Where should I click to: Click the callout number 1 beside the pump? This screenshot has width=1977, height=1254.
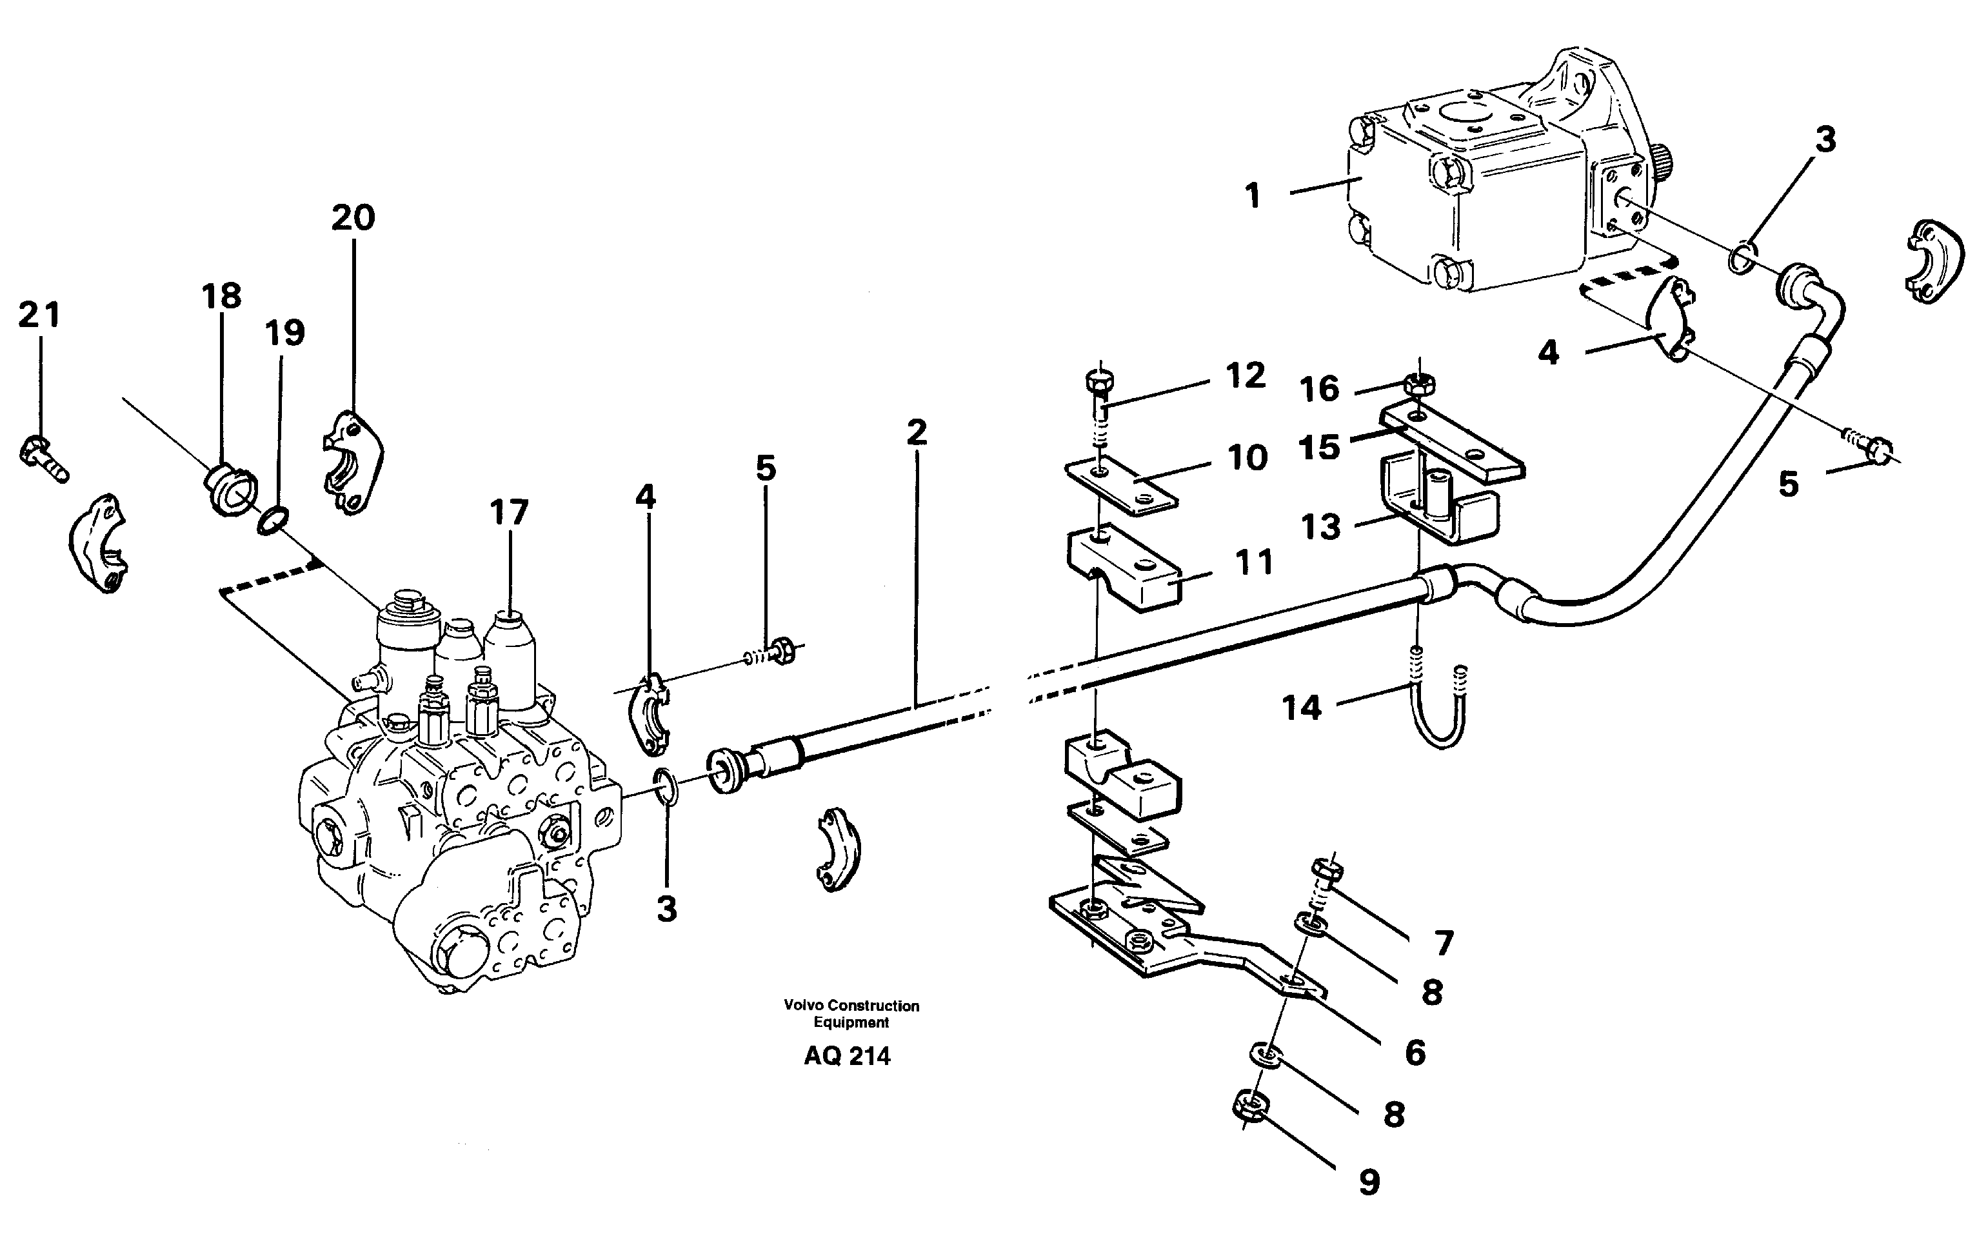[1251, 196]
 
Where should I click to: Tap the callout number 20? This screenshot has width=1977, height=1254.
[353, 217]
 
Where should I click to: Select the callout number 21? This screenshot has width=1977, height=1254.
[39, 315]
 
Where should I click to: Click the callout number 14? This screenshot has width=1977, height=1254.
[1302, 707]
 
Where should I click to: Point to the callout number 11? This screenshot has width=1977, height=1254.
[1254, 562]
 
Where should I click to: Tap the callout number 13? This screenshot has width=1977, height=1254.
[1320, 526]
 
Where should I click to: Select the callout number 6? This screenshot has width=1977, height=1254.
[1415, 1052]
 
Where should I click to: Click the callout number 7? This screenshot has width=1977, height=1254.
[1444, 944]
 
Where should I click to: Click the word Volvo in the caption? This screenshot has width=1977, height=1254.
[803, 1005]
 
